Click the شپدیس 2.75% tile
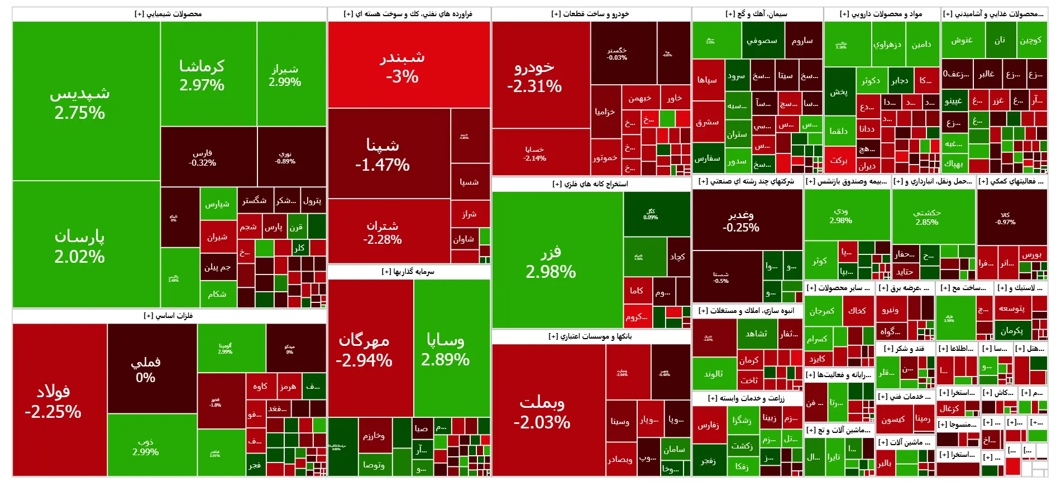pyautogui.click(x=80, y=102)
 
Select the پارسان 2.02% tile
pyautogui.click(x=80, y=245)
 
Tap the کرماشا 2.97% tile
pyautogui.click(x=202, y=75)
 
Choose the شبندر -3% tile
pyautogui.click(x=403, y=66)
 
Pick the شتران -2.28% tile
pyautogui.click(x=383, y=232)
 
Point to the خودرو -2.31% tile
pyautogui.click(x=534, y=76)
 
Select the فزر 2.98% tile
pyautogui.click(x=551, y=261)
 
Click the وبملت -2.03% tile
pyautogui.click(x=542, y=411)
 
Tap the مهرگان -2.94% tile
pyautogui.click(x=364, y=349)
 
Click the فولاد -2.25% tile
pyautogui.click(x=54, y=401)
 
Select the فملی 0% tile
pyautogui.click(x=146, y=369)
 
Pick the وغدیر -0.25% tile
pyautogui.click(x=741, y=221)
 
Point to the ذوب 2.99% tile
pyautogui.click(x=146, y=446)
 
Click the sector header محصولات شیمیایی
pyautogui.click(x=168, y=14)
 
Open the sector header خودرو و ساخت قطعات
pyautogui.click(x=590, y=14)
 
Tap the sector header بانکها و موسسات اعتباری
pyautogui.click(x=590, y=336)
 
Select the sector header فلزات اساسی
pyautogui.click(x=168, y=316)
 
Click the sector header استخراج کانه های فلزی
pyautogui.click(x=590, y=184)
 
